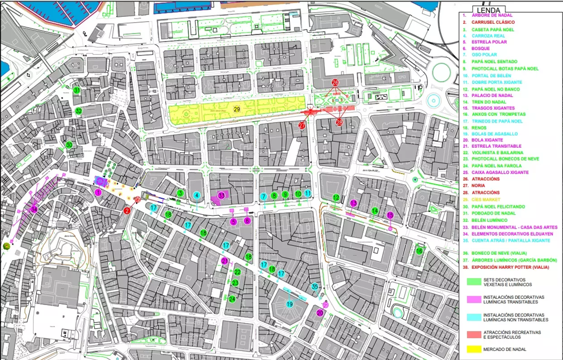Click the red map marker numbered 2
click(x=127, y=211)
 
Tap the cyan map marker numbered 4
click(x=197, y=195)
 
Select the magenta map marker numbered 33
click(x=222, y=195)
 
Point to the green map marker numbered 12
click(x=336, y=198)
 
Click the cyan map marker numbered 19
click(x=290, y=304)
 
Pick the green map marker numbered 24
click(x=232, y=299)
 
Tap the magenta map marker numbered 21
click(x=225, y=261)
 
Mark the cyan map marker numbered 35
click(x=315, y=287)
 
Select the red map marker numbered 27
click(x=302, y=126)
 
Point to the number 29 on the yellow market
click(x=237, y=109)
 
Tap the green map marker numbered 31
click(x=77, y=90)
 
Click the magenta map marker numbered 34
click(x=34, y=210)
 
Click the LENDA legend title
click(x=488, y=10)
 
